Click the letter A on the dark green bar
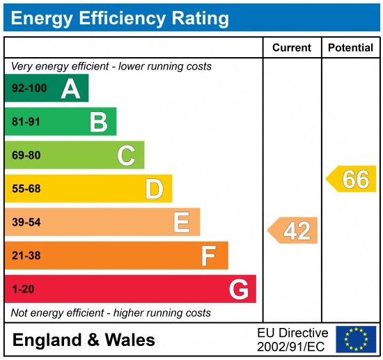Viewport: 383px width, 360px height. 70,88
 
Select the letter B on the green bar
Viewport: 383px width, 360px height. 98,123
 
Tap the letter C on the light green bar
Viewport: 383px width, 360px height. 126,156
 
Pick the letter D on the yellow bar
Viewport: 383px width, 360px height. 154,189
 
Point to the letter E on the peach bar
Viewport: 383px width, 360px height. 182,223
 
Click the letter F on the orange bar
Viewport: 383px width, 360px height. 209,256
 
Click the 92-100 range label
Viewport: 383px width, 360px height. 28,89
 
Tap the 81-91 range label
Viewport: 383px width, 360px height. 26,123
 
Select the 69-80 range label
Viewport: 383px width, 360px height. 26,156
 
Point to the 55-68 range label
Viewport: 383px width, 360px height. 26,189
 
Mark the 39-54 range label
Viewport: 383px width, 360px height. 26,223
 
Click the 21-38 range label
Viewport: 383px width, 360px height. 26,256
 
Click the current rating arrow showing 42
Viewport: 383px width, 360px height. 293,230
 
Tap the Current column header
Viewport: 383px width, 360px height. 291,48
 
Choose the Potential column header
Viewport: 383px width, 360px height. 352,48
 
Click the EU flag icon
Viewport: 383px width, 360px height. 355,339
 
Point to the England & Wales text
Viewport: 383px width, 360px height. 84,341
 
